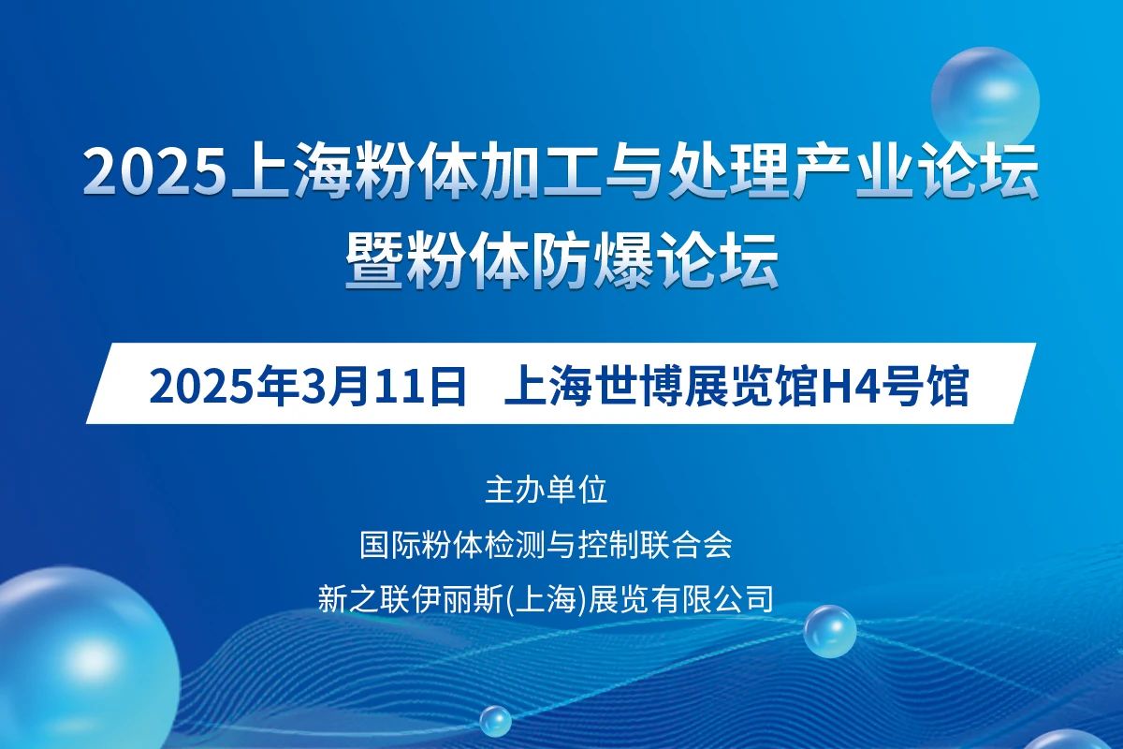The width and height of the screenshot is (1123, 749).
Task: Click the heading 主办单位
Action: tap(547, 491)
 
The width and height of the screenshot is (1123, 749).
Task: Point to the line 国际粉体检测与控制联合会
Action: tap(546, 544)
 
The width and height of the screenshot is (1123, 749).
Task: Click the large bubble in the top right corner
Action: tap(985, 100)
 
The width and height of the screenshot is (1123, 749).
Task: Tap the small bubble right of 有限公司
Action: tap(830, 631)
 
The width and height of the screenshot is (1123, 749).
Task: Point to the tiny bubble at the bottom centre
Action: tap(495, 722)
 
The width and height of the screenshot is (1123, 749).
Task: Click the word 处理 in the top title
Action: tap(729, 173)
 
